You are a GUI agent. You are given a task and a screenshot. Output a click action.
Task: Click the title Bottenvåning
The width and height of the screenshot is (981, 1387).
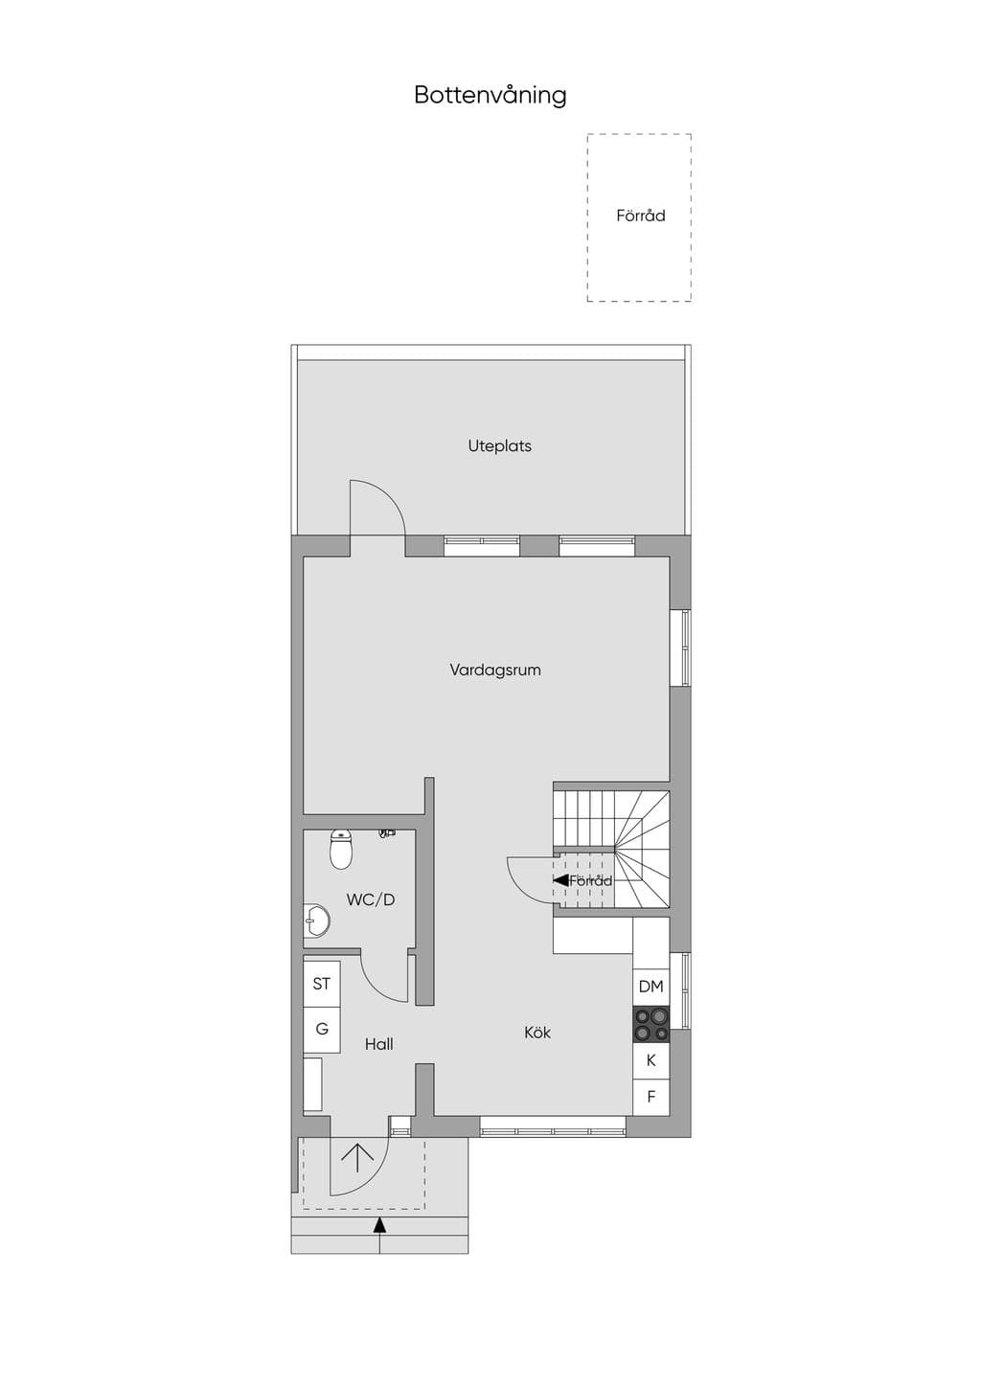490,96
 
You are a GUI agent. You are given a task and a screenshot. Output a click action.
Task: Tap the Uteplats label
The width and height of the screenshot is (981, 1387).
500,445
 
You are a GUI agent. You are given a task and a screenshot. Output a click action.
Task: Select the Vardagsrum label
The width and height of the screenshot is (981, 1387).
495,670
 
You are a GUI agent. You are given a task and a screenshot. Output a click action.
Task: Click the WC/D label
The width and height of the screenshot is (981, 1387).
371,899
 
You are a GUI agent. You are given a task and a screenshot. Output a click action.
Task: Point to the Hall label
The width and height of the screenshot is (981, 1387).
379,1045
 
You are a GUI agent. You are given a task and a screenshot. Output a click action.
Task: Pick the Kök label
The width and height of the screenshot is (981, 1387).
536,1033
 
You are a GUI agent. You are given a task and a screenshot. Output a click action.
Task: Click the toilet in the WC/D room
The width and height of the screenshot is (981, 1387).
341,849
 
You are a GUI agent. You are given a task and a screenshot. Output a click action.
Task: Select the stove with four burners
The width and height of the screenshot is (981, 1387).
650,1024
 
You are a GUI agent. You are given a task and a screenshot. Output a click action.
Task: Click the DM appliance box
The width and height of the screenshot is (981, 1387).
650,987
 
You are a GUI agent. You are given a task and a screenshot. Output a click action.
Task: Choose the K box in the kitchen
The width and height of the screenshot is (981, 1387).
650,1060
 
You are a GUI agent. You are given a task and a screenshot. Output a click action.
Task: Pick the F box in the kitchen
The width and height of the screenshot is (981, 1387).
650,1097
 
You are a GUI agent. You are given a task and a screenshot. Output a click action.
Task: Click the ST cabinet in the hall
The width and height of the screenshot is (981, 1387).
322,984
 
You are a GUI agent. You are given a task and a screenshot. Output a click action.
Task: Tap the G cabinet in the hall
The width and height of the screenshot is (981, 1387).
322,1029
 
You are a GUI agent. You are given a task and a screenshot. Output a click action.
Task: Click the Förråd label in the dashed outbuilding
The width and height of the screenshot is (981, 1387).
640,216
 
